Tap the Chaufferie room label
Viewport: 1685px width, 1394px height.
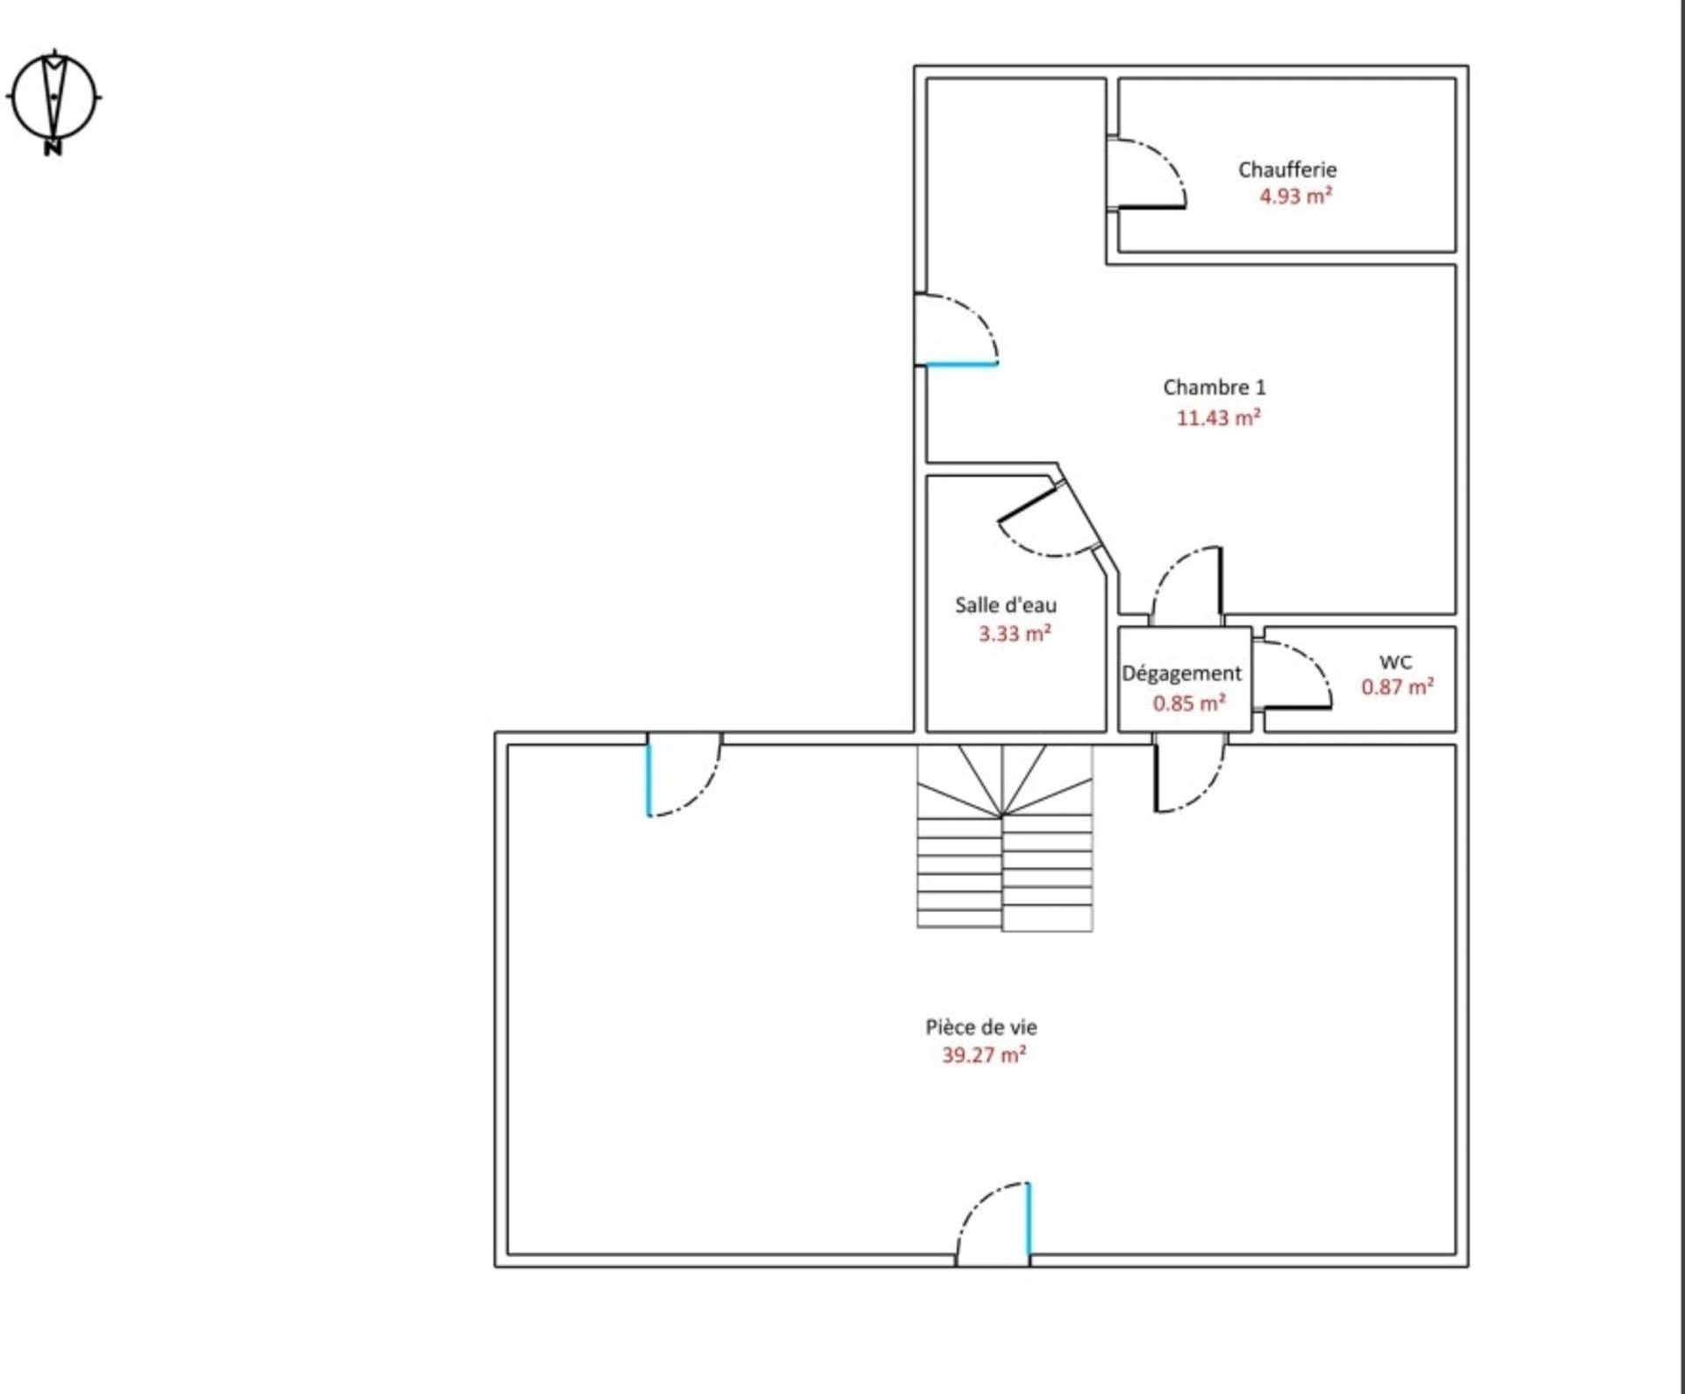pyautogui.click(x=1287, y=169)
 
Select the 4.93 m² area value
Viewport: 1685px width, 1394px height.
pyautogui.click(x=1295, y=196)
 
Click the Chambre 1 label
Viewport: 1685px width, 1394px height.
pyautogui.click(x=1215, y=387)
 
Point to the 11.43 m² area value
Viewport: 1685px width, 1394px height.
pyautogui.click(x=1218, y=418)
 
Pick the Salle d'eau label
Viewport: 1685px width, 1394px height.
pyautogui.click(x=1006, y=605)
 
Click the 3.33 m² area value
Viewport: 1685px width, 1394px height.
pyautogui.click(x=1015, y=634)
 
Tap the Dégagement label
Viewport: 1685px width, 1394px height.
pyautogui.click(x=1182, y=673)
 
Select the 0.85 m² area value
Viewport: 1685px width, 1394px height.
pyautogui.click(x=1189, y=703)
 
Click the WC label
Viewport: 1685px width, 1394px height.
pyautogui.click(x=1395, y=662)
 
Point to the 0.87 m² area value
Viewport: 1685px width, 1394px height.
pyautogui.click(x=1397, y=686)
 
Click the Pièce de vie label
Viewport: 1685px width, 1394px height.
pyautogui.click(x=981, y=1027)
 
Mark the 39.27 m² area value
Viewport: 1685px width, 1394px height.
pyautogui.click(x=984, y=1055)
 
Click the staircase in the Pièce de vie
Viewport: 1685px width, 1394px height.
pyautogui.click(x=1005, y=837)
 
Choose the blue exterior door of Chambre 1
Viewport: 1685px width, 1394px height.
pyautogui.click(x=957, y=329)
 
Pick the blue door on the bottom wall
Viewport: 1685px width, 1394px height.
pyautogui.click(x=993, y=1224)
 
